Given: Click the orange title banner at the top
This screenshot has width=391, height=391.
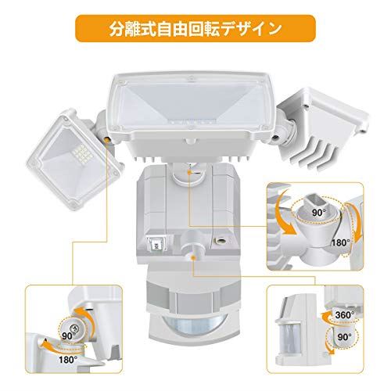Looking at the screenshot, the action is pyautogui.click(x=195, y=28).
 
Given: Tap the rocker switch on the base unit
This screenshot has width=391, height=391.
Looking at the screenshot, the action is pyautogui.click(x=157, y=244).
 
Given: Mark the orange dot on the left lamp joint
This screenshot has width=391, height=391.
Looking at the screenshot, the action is pyautogui.click(x=106, y=139).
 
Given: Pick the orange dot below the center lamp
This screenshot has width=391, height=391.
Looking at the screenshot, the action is pyautogui.click(x=190, y=172).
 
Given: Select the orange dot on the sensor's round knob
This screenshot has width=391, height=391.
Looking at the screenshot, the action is pyautogui.click(x=193, y=258).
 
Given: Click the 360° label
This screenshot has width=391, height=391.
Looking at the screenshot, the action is pyautogui.click(x=345, y=315).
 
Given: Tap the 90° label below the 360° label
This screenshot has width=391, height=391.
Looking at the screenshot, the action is pyautogui.click(x=345, y=337).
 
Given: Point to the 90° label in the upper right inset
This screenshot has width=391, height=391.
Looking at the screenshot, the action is pyautogui.click(x=319, y=213).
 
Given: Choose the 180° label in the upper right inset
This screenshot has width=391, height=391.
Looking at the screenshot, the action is pyautogui.click(x=340, y=243).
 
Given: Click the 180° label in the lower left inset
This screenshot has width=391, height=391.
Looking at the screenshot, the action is pyautogui.click(x=68, y=360).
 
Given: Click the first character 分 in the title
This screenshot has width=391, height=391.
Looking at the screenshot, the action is pyautogui.click(x=117, y=29).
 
